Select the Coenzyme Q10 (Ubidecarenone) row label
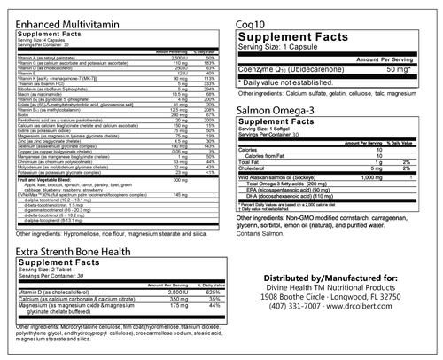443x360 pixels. [x=297, y=67]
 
